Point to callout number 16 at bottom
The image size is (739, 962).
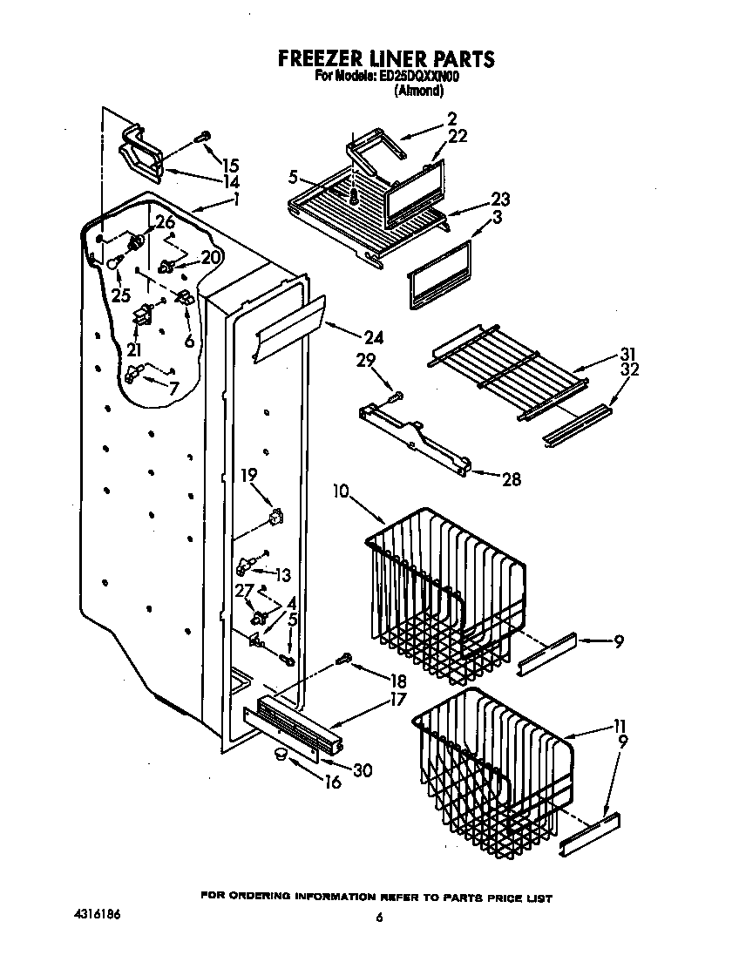332,782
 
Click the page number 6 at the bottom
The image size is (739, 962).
379,917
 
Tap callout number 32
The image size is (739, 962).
628,369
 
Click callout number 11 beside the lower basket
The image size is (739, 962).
620,726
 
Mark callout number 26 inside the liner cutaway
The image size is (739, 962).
165,223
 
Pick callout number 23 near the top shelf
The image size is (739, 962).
500,199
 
